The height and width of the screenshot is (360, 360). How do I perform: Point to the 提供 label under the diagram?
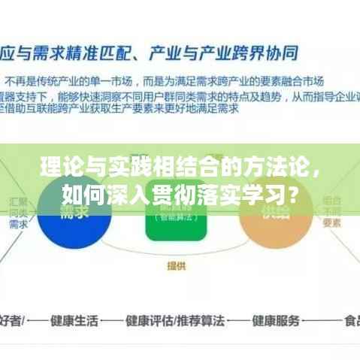177,265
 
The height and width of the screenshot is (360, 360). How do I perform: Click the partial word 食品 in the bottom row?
349,320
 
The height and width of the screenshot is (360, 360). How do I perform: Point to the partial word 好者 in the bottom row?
11,320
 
